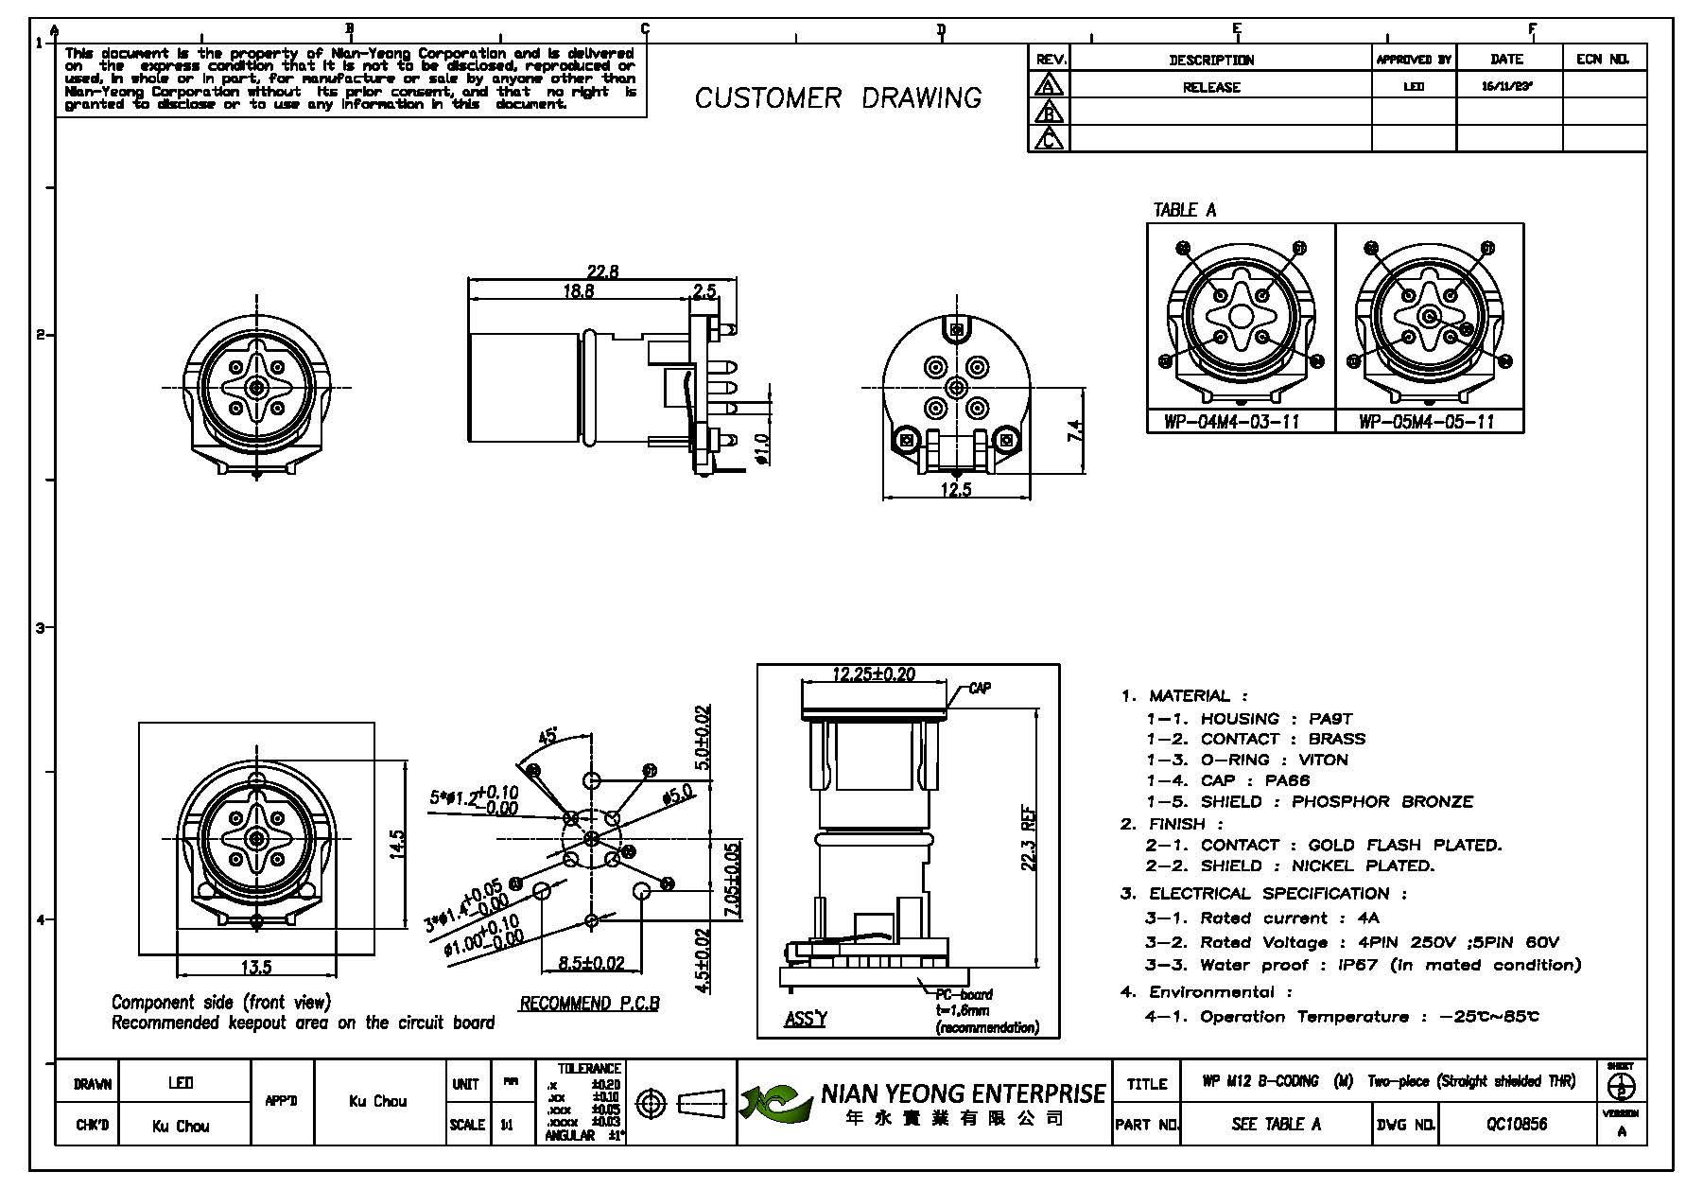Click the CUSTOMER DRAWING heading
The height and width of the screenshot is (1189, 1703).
838,98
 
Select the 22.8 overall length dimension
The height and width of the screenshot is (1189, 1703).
602,271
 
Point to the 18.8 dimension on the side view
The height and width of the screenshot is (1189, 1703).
578,291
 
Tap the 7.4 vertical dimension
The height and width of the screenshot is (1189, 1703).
1075,431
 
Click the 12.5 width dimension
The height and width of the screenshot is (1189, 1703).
956,489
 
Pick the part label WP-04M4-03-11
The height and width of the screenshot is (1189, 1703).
1232,422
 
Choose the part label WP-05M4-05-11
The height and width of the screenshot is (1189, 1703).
1426,422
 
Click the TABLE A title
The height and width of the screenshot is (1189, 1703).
1184,210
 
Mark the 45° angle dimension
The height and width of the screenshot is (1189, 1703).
547,735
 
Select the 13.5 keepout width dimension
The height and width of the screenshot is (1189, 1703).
256,967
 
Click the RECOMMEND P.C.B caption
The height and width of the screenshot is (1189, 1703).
589,1004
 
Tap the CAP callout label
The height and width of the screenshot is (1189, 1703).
980,688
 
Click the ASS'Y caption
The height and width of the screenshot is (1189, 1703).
805,1019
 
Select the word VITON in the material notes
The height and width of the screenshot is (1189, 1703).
1323,760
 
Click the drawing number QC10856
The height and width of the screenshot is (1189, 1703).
1516,1124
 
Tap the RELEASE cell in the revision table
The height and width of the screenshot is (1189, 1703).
1211,87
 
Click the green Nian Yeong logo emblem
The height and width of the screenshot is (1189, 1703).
774,1103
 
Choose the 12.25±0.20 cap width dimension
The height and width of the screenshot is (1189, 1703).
873,674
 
